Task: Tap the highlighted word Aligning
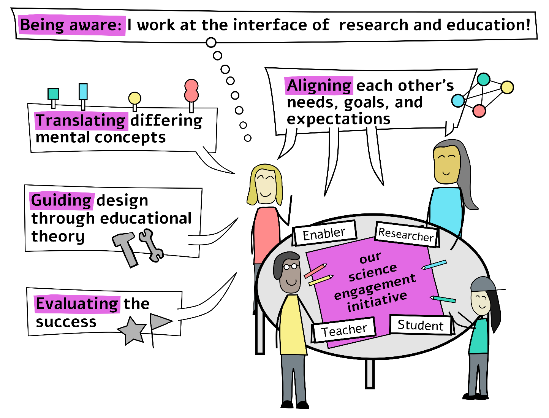[319, 86]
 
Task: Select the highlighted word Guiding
[62, 200]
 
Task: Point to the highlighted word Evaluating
[77, 304]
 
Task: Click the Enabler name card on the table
[324, 233]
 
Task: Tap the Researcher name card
[407, 235]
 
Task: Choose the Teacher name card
[344, 330]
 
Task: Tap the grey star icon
[132, 331]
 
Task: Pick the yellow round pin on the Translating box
[134, 98]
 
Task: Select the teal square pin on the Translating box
[53, 94]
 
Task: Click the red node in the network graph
[479, 111]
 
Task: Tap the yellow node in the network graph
[507, 87]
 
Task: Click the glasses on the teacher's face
[291, 266]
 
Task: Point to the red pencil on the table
[315, 270]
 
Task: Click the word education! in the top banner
[489, 25]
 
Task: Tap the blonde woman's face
[265, 186]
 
